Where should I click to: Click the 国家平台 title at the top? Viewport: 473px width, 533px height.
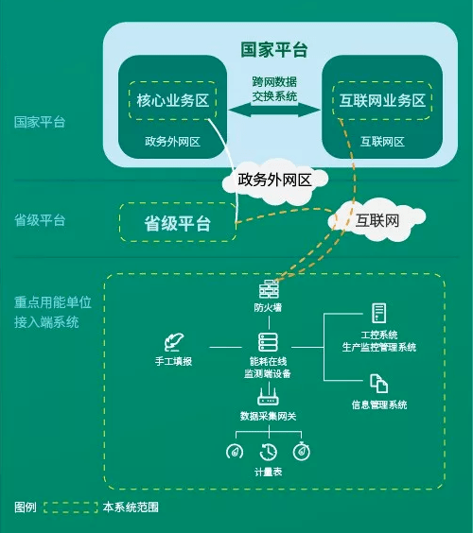tap(273, 49)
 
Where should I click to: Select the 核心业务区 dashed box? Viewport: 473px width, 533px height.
tap(173, 101)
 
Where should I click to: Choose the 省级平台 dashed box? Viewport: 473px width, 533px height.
tap(177, 224)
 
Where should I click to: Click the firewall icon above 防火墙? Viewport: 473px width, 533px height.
tap(268, 289)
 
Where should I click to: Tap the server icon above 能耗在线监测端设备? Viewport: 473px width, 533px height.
tap(268, 343)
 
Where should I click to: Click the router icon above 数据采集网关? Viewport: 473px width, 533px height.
tap(268, 399)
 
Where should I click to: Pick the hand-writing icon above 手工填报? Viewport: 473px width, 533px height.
tap(173, 341)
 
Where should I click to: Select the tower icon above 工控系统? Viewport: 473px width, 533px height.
tap(378, 313)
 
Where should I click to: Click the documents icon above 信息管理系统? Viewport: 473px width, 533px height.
tap(378, 384)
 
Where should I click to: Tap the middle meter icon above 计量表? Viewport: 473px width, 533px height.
tap(269, 451)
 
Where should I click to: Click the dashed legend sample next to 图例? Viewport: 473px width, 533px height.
tap(70, 507)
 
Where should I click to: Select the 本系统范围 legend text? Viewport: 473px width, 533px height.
tap(131, 507)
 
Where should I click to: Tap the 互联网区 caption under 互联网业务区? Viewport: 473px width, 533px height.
tap(382, 142)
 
